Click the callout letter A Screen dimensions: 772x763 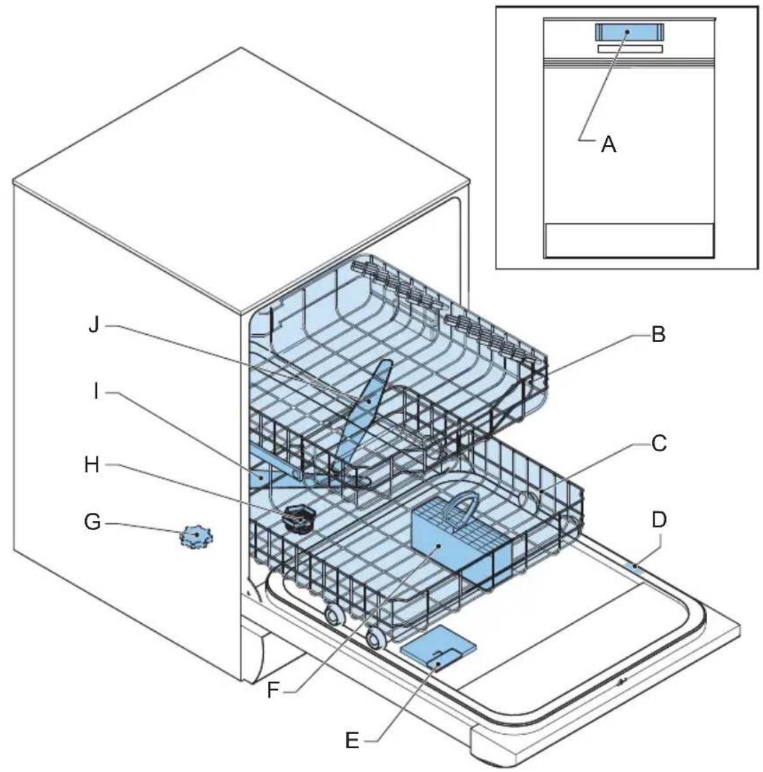click(x=608, y=144)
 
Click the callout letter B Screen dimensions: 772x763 click(x=657, y=335)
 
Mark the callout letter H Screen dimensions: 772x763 click(x=92, y=465)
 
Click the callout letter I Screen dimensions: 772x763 click(x=96, y=393)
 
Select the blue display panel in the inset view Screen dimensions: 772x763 click(x=628, y=32)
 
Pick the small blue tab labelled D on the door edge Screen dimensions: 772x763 click(x=635, y=566)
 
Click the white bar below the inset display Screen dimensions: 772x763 click(x=629, y=48)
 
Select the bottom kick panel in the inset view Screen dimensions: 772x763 click(x=629, y=240)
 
